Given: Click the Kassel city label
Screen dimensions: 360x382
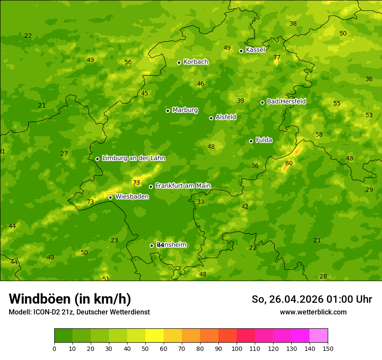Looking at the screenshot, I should click(x=255, y=50).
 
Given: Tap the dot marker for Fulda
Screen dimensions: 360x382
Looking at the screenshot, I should click(x=251, y=141).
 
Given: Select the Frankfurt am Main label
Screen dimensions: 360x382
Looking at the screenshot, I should click(x=183, y=186).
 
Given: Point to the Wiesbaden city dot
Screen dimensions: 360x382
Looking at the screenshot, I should click(x=110, y=197).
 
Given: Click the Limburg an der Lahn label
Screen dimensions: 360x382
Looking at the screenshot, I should click(x=133, y=158).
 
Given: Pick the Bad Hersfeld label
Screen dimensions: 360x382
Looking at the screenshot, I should click(x=286, y=101).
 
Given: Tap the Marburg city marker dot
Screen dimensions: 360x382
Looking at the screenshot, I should click(x=168, y=111).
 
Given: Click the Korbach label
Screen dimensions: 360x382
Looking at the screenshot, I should click(x=196, y=62).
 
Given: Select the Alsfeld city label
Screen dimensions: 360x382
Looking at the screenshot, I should click(x=226, y=117).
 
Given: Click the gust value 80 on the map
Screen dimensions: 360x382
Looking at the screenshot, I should click(x=289, y=164).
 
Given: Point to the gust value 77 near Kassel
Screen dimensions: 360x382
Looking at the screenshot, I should click(x=277, y=58).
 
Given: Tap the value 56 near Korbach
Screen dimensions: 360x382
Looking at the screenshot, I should click(x=128, y=62).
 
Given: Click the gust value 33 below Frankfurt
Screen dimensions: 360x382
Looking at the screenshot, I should click(x=201, y=202).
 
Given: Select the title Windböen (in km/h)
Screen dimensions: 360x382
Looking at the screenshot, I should click(x=70, y=299).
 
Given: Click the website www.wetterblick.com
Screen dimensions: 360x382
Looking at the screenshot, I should click(x=313, y=312).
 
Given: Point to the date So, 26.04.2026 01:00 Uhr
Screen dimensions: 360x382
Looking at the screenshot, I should click(x=312, y=299).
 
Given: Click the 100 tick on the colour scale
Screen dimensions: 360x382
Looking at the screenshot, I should click(x=237, y=348).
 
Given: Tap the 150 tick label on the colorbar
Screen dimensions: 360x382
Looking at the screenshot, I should click(x=328, y=348).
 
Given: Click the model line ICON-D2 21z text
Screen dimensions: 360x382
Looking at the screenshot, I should click(x=79, y=312).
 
